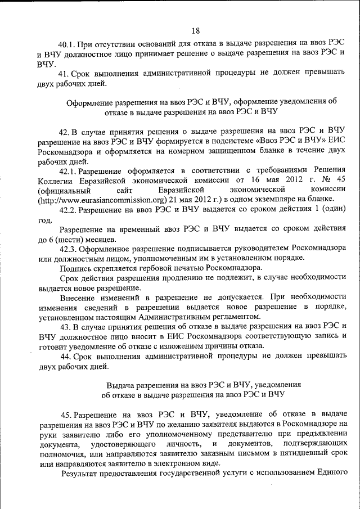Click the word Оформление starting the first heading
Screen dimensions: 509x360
click(89, 102)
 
